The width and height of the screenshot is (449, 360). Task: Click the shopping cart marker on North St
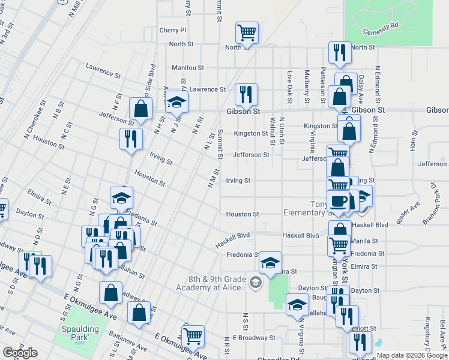coord(247,32)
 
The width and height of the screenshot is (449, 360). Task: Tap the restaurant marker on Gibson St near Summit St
coord(246,94)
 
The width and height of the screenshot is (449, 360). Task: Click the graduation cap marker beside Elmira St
coord(270,262)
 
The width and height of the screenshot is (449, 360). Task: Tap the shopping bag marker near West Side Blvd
coord(140,109)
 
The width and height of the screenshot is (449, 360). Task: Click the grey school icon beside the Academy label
coord(256,282)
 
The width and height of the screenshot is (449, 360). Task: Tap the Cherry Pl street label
coord(173,30)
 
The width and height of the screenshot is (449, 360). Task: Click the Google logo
coord(20,353)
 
